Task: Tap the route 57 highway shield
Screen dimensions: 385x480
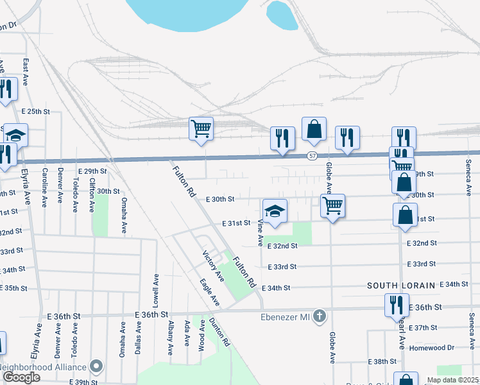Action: (x=312, y=156)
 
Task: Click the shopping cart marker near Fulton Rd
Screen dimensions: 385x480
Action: (x=201, y=128)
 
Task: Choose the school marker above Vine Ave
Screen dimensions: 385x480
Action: (x=275, y=211)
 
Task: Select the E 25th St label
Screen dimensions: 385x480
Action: (x=35, y=111)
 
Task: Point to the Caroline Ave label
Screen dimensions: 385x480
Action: (x=45, y=187)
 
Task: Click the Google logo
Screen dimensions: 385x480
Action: (x=21, y=377)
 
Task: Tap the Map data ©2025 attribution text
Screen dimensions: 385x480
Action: (x=453, y=380)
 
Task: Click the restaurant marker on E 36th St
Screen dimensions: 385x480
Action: (x=397, y=305)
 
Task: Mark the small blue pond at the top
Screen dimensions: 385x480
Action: (x=282, y=14)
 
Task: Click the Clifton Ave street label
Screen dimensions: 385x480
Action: (x=92, y=195)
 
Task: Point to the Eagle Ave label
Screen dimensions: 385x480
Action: (x=209, y=293)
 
